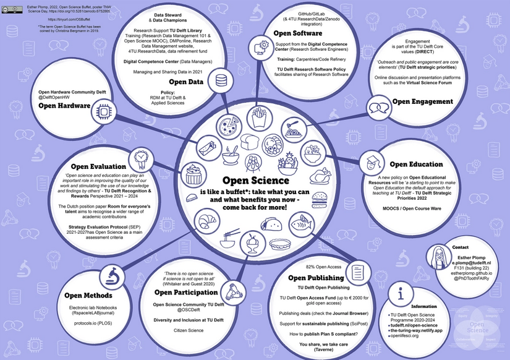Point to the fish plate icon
click(305, 220)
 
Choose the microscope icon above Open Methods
click(111, 274)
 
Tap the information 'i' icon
click(402, 295)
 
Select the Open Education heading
click(415, 165)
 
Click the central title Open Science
click(255, 181)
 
